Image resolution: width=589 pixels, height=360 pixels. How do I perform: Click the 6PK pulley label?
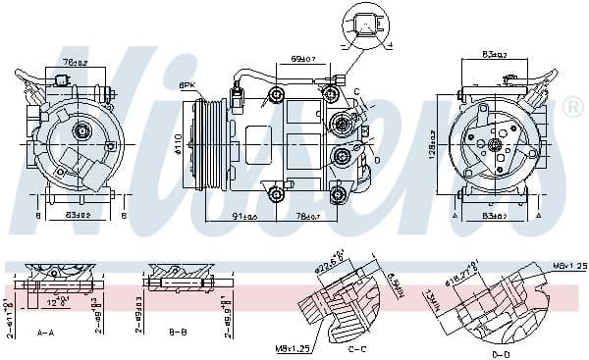(x=186, y=85)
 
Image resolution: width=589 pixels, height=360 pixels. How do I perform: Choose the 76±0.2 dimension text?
(x=75, y=62)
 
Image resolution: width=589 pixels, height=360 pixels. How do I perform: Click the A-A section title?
(x=45, y=333)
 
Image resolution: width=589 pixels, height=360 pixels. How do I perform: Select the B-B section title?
(x=178, y=333)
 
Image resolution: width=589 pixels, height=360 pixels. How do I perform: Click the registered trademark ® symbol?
(x=573, y=108)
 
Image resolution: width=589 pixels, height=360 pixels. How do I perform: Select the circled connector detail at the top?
(x=365, y=26)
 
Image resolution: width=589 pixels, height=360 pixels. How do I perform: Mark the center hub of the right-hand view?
(x=496, y=145)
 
